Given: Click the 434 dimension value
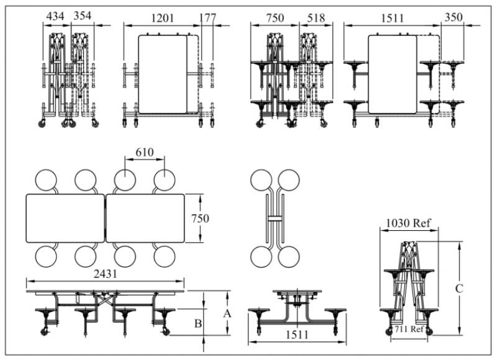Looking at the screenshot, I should (57, 17).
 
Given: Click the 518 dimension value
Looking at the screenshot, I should (316, 17).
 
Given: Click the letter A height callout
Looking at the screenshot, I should (227, 313).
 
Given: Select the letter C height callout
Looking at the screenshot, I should (458, 288).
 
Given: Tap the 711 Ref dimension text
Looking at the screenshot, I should (409, 329).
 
